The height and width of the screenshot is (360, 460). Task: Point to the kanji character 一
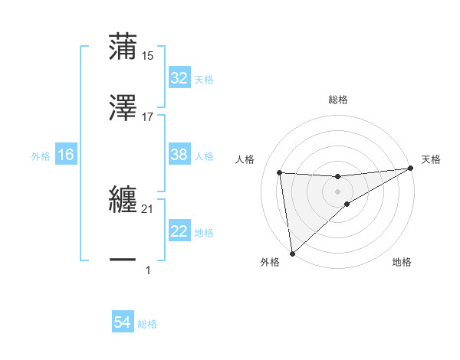(x=123, y=260)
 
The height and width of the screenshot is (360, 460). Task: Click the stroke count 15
(x=148, y=55)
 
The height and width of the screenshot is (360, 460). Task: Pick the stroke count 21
(x=148, y=208)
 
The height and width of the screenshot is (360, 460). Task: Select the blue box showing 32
(x=179, y=78)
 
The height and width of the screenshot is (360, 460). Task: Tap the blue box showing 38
(x=179, y=155)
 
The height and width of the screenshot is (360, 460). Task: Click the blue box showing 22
(x=179, y=231)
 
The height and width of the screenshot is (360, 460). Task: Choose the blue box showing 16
(x=66, y=155)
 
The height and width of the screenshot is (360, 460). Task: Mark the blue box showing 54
(x=122, y=323)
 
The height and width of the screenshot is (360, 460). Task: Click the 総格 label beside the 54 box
(x=147, y=324)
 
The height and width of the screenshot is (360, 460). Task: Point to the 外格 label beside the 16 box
(x=41, y=155)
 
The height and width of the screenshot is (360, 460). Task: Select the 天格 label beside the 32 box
(x=203, y=79)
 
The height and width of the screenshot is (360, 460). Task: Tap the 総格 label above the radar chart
(x=338, y=100)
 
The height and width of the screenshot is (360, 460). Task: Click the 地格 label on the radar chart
(x=402, y=262)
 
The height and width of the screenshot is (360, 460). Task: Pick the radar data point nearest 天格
(x=410, y=169)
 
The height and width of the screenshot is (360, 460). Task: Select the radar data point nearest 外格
(x=292, y=254)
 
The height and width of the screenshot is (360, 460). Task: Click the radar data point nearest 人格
(x=280, y=172)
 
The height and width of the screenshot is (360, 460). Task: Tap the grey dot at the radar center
(x=338, y=191)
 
